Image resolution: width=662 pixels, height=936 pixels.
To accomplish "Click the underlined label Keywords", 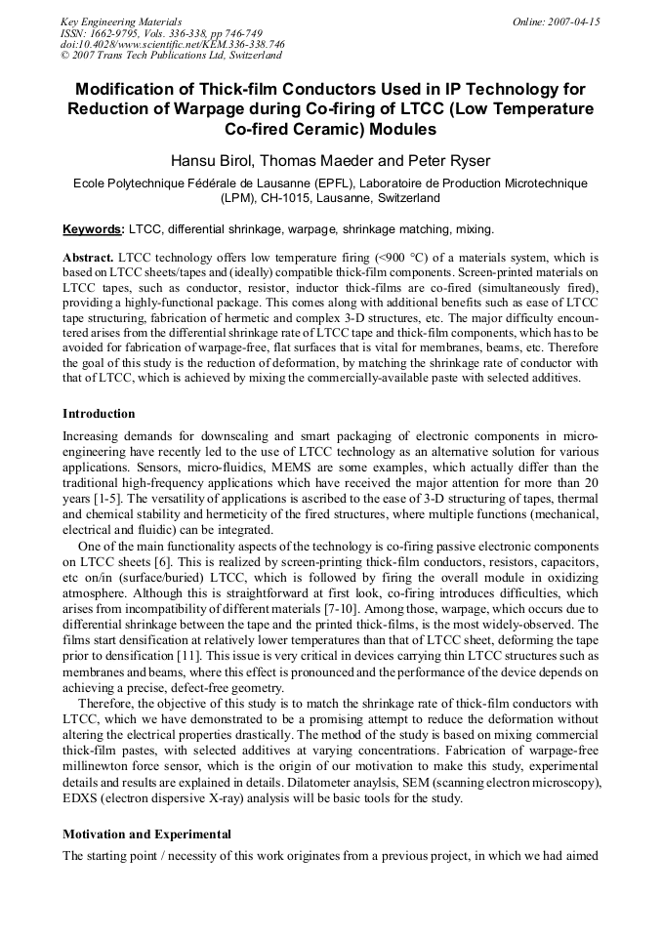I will (x=93, y=229).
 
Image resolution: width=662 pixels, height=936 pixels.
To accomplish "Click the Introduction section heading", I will (x=99, y=414).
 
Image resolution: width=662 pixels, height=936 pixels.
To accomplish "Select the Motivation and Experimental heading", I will (x=146, y=834).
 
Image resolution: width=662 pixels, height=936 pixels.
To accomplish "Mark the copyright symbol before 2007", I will (x=65, y=56).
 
